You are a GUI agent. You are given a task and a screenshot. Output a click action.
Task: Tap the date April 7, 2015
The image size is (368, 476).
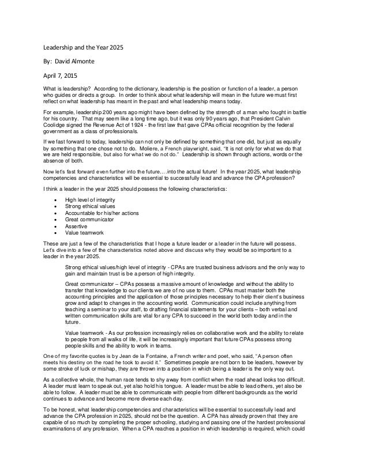coord(63,74)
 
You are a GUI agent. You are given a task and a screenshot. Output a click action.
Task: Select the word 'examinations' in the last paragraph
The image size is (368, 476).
coord(66,466)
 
